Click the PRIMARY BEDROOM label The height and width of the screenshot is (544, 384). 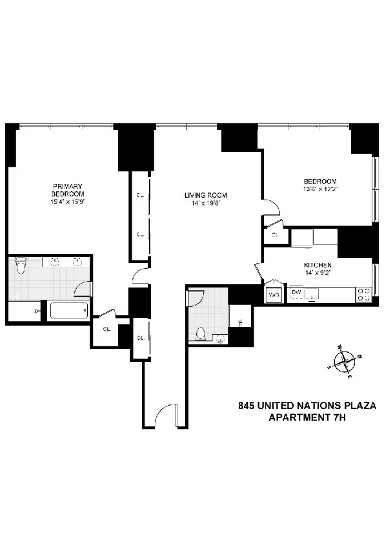point(68,189)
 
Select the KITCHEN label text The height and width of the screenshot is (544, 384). point(318,266)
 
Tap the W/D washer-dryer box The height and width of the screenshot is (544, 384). point(274,295)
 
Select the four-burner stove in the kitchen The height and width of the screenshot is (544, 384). point(364,294)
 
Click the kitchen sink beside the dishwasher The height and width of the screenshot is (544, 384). point(315,295)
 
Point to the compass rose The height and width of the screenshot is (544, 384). point(346,359)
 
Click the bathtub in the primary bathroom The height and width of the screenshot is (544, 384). point(68,312)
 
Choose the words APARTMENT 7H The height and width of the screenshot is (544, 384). point(307,417)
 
